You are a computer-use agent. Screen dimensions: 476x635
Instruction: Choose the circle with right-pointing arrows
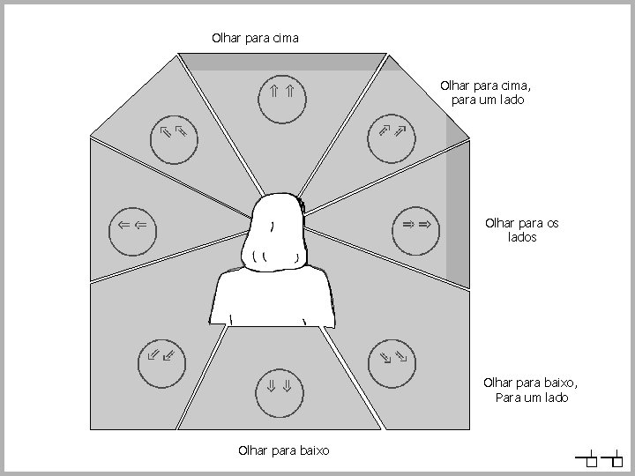416,227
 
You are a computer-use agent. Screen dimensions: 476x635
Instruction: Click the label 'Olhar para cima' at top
256,38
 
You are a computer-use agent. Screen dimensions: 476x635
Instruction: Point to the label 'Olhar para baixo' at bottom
283,450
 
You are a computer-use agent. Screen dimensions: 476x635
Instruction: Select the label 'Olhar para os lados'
522,230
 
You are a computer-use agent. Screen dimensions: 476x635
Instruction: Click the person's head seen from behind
277,231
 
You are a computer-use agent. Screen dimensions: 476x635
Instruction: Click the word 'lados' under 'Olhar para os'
522,237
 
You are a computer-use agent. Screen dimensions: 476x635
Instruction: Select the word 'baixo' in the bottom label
313,450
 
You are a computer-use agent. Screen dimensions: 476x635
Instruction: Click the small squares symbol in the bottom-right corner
600,459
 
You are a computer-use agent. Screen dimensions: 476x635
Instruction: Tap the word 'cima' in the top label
284,38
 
